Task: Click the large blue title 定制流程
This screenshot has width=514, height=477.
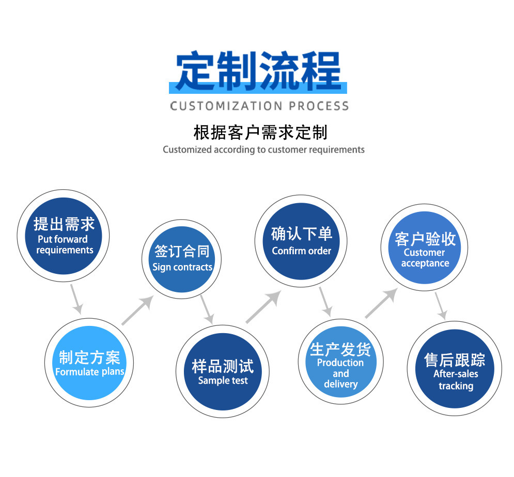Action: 258,71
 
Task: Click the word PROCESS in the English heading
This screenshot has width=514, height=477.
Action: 319,106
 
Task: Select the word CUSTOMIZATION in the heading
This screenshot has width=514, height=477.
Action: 226,106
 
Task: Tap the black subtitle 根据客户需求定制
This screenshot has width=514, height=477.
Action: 260,133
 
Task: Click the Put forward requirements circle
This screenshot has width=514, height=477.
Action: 63,236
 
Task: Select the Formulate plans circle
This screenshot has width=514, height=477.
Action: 89,363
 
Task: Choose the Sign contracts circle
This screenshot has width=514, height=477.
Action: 182,259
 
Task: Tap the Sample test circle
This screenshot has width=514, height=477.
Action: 223,371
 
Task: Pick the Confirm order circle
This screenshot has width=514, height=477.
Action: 301,241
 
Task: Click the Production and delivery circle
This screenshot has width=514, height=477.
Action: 340,362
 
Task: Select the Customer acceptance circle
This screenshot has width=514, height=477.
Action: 425,248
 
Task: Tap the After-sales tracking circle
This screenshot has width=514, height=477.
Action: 455,369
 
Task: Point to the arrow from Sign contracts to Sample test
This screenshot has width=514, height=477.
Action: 207,310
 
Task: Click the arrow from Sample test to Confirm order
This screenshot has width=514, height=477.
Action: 263,306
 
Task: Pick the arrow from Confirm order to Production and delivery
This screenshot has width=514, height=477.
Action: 326,302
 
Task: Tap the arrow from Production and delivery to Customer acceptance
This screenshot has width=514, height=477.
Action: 381,303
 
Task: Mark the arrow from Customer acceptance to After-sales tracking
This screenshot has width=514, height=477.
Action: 441,306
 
